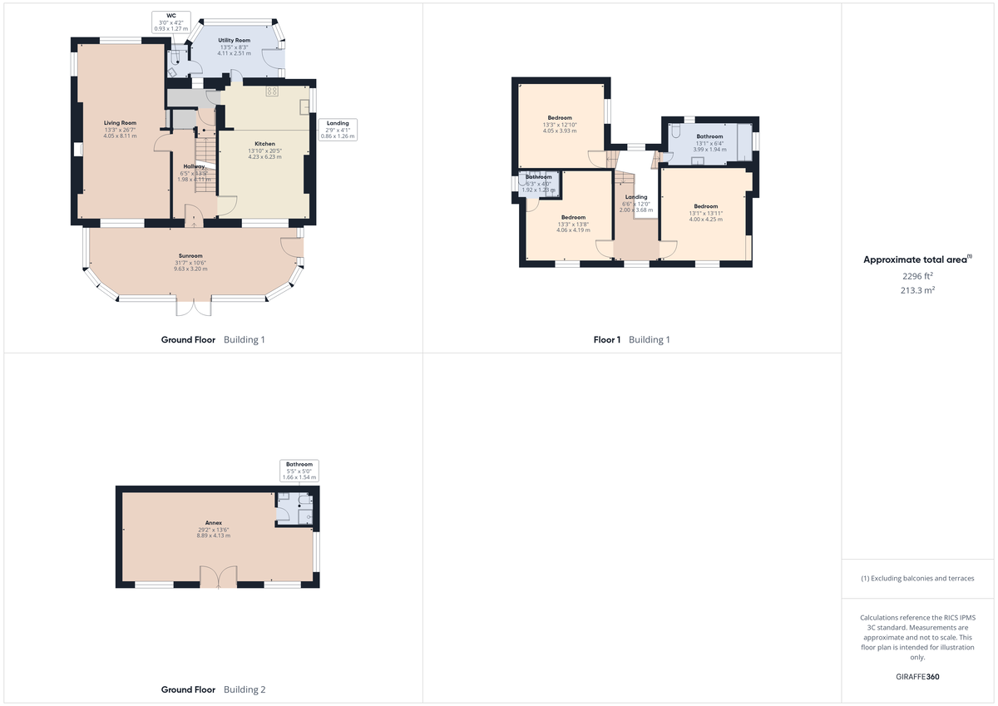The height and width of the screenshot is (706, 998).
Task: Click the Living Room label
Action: click(120, 123)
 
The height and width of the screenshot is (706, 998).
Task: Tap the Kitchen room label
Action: click(264, 144)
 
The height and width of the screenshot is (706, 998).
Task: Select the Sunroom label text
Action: click(190, 256)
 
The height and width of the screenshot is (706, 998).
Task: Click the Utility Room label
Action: click(234, 40)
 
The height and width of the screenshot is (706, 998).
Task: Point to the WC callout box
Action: click(171, 22)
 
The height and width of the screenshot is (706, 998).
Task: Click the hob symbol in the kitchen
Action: click(272, 91)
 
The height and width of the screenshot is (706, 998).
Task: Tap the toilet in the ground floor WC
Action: click(174, 58)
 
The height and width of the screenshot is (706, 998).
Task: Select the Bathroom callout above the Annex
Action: click(299, 471)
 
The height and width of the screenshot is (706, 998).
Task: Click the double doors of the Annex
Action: click(219, 576)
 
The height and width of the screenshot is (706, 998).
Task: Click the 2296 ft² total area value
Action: click(918, 275)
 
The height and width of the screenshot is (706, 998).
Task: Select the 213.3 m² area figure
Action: click(918, 290)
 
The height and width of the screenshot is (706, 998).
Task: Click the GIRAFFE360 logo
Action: click(918, 677)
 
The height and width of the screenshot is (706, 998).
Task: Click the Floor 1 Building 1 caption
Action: click(631, 339)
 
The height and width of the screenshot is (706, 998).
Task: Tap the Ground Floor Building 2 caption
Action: click(213, 689)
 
